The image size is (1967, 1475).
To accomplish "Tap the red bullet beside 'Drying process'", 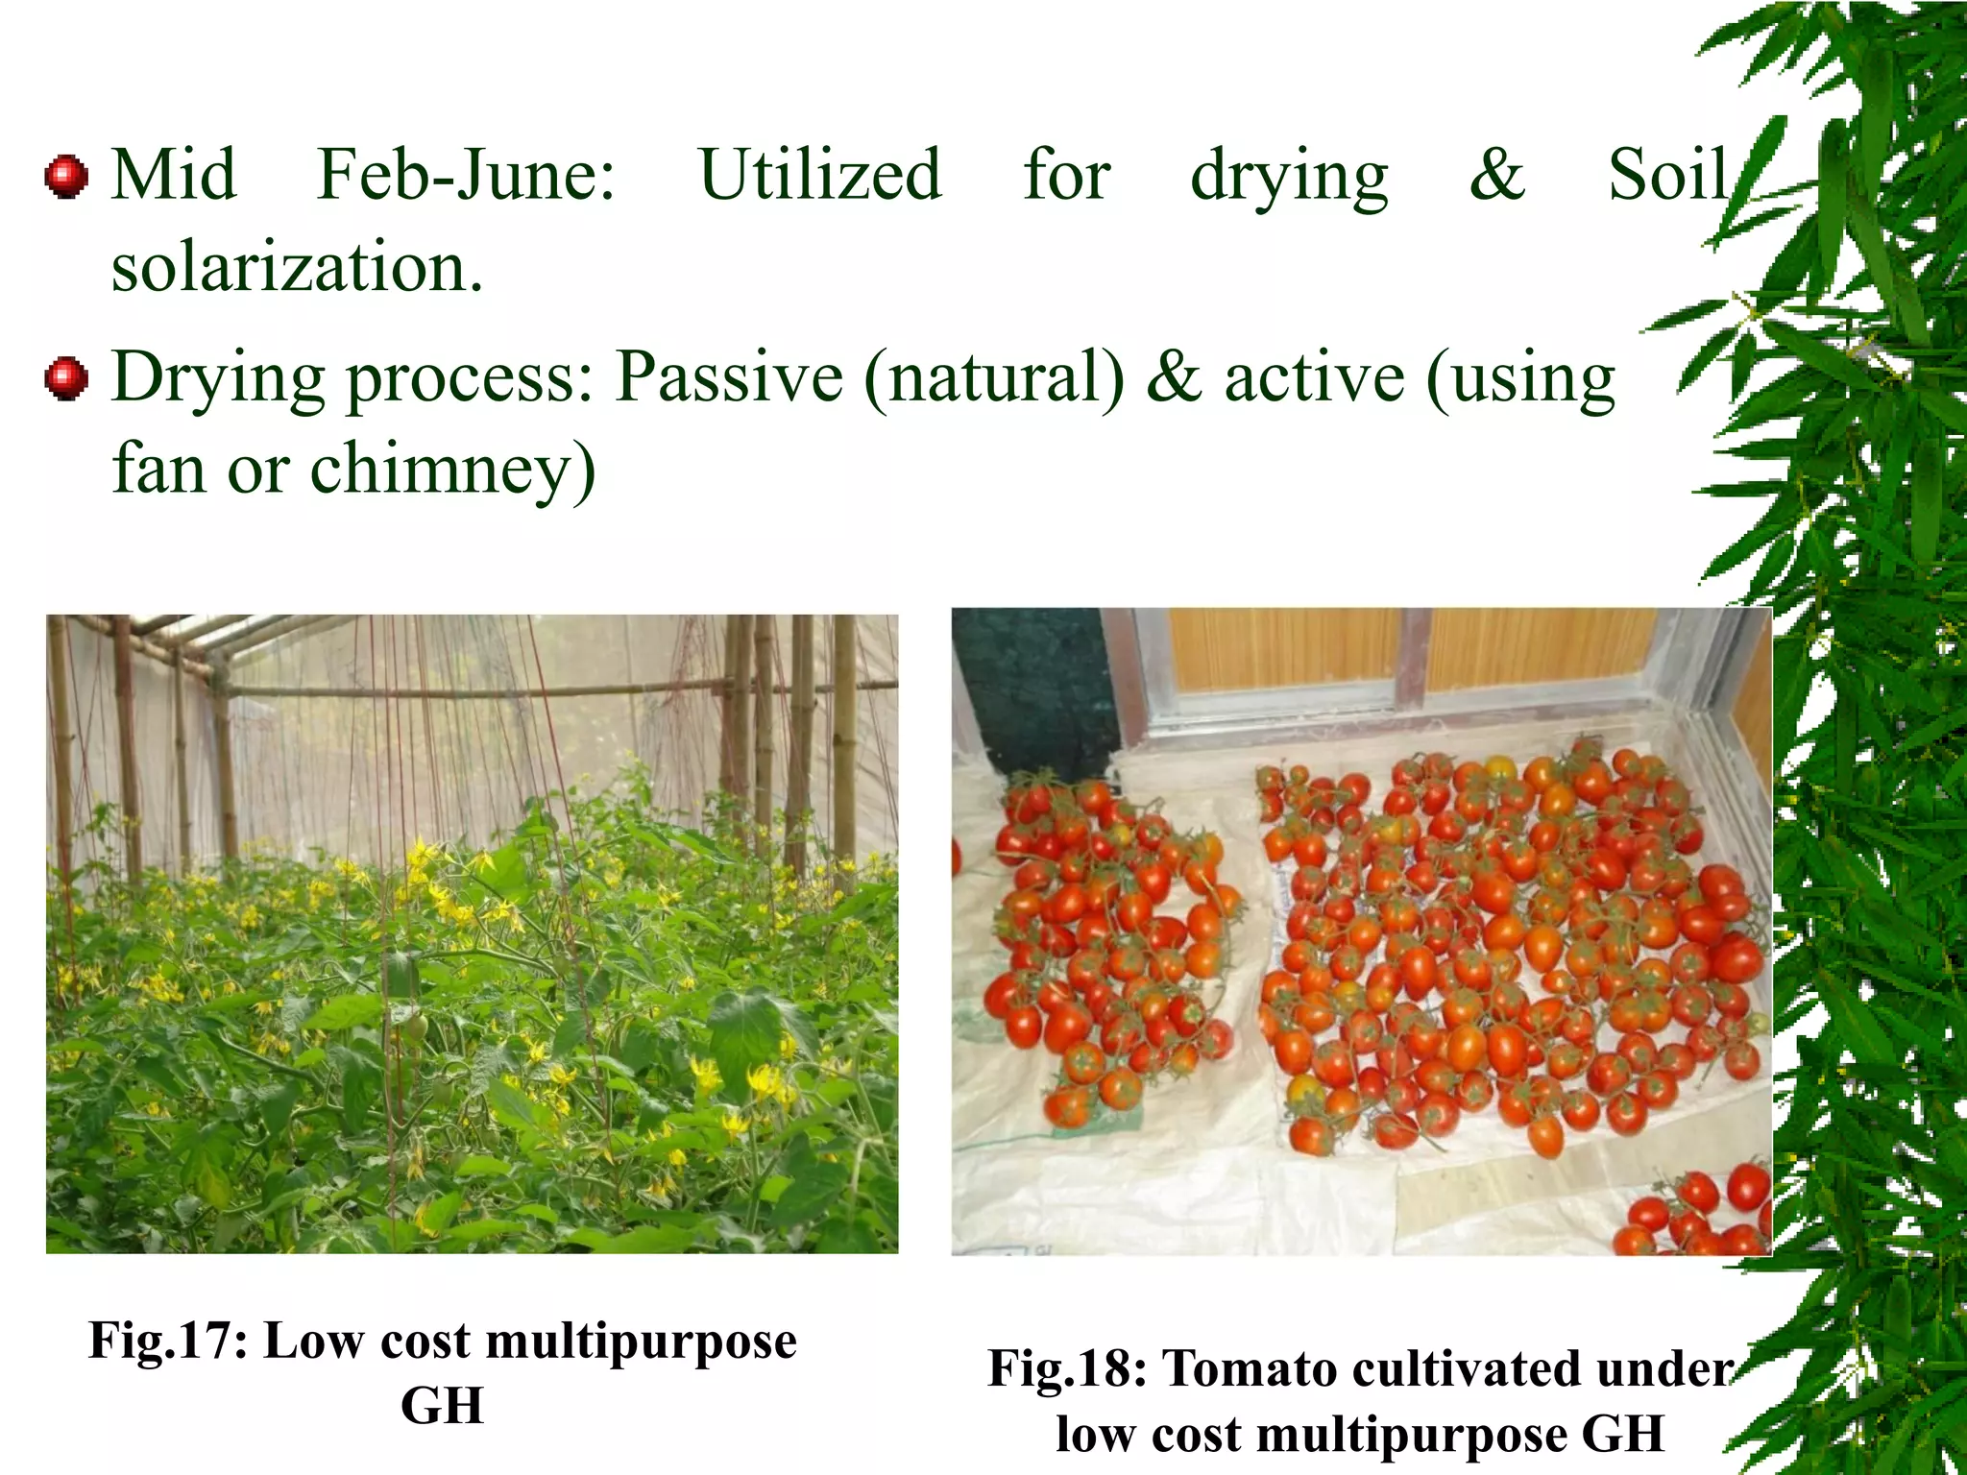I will [66, 378].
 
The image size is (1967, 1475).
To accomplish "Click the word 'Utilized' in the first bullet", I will [820, 175].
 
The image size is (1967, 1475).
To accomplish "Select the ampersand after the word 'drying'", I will [1496, 175].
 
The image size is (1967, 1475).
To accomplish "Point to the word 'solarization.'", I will [297, 267].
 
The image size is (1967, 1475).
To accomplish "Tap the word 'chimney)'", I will [452, 471].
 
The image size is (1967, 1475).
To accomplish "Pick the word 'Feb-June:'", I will [467, 175].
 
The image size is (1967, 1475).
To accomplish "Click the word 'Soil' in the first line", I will [1668, 175].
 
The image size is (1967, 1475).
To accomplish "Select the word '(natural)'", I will [994, 378].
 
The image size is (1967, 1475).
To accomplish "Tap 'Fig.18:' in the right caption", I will [1067, 1368].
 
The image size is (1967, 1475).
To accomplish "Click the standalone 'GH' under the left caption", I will [442, 1406].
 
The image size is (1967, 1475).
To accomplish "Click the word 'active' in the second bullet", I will [1313, 376].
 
